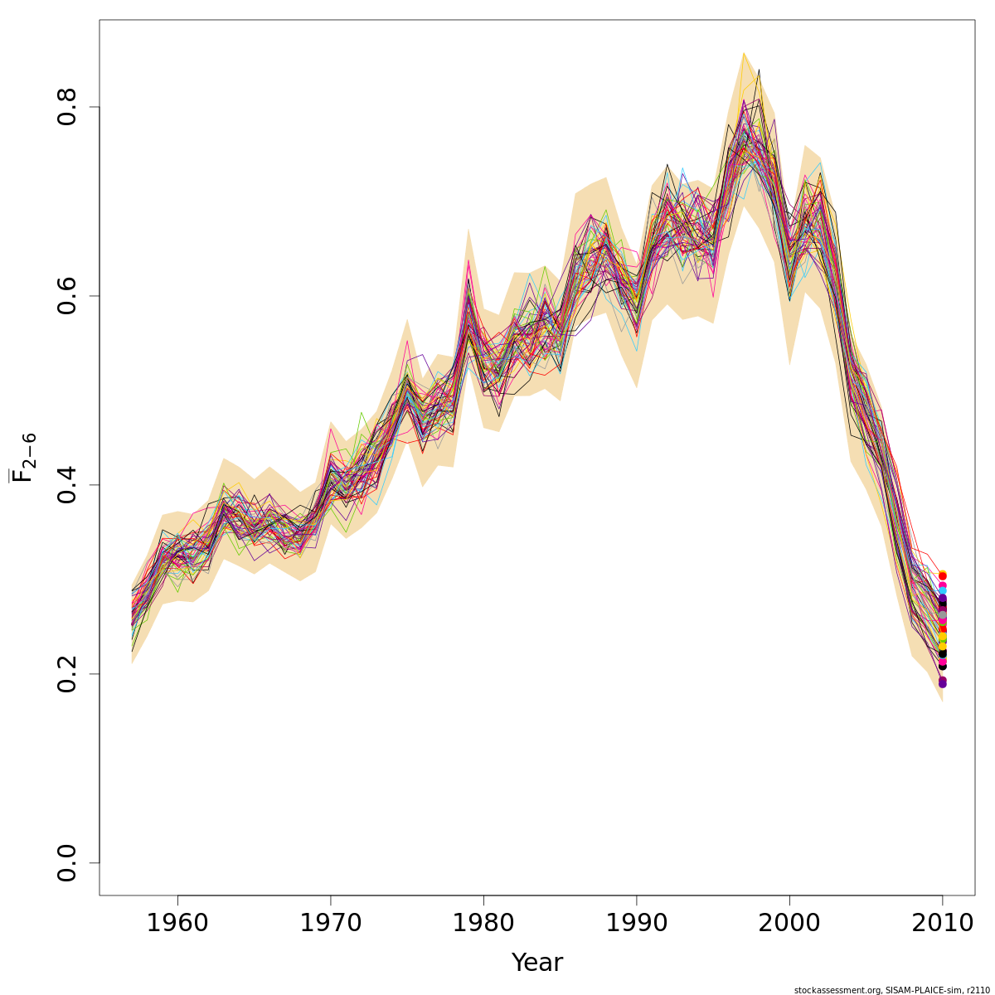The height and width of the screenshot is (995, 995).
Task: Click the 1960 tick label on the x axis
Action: [177, 924]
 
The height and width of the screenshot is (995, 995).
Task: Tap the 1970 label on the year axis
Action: [331, 924]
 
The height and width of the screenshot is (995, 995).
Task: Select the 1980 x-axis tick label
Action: [483, 924]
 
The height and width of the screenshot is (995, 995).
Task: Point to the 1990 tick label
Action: [637, 924]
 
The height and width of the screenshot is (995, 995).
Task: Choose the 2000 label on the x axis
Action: [789, 924]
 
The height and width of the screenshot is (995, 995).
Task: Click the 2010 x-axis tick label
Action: [943, 924]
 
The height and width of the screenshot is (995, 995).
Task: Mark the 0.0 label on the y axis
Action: [67, 862]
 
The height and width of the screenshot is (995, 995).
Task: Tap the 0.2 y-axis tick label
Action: [67, 673]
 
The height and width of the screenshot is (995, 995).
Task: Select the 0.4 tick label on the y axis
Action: [67, 485]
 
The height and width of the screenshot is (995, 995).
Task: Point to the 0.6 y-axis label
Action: [67, 296]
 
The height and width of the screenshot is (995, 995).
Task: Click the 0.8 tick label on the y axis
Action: [67, 107]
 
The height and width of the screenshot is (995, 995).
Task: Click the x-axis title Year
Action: [536, 963]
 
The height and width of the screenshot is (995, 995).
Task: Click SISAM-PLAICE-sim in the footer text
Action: [920, 990]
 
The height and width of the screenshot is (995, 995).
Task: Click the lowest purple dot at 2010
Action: [942, 683]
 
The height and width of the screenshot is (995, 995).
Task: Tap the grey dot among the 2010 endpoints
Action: [942, 615]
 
